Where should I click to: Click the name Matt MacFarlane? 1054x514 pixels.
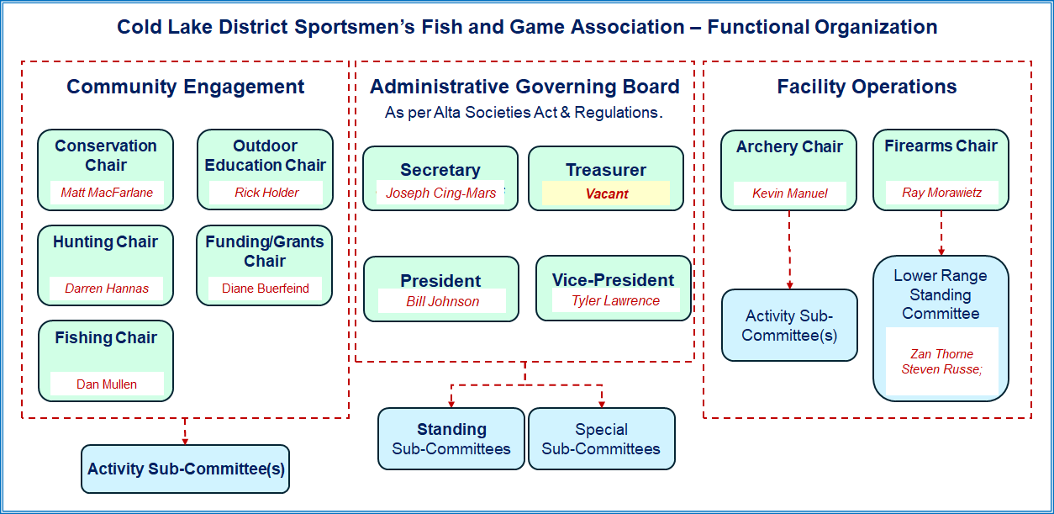tap(107, 192)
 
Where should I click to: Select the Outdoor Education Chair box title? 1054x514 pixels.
tap(265, 156)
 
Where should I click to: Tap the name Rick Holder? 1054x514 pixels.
tap(266, 192)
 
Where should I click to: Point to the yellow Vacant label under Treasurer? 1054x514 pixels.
tap(607, 193)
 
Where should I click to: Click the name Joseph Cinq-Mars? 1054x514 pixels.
tap(441, 193)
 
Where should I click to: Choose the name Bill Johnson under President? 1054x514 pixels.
tap(442, 301)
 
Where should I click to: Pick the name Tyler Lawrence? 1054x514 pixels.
tap(615, 300)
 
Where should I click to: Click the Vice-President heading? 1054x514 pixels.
tap(613, 280)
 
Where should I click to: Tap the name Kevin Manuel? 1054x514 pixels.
tap(789, 193)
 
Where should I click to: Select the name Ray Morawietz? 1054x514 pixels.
tap(941, 192)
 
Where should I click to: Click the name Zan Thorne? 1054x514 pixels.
tap(941, 354)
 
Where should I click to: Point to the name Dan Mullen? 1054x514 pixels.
tap(107, 384)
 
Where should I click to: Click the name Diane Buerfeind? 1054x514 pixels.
tap(266, 289)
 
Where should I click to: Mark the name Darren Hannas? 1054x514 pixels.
tap(107, 289)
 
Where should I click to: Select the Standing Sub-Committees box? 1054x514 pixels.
tap(451, 438)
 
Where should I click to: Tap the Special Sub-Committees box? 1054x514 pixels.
tap(601, 438)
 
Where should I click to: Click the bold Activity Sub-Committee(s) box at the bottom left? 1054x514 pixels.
tap(186, 469)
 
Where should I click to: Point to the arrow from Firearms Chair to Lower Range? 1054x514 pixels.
tap(941, 233)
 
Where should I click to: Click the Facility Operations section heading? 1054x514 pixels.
tap(867, 87)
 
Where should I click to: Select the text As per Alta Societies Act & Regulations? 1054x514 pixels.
tap(524, 113)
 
